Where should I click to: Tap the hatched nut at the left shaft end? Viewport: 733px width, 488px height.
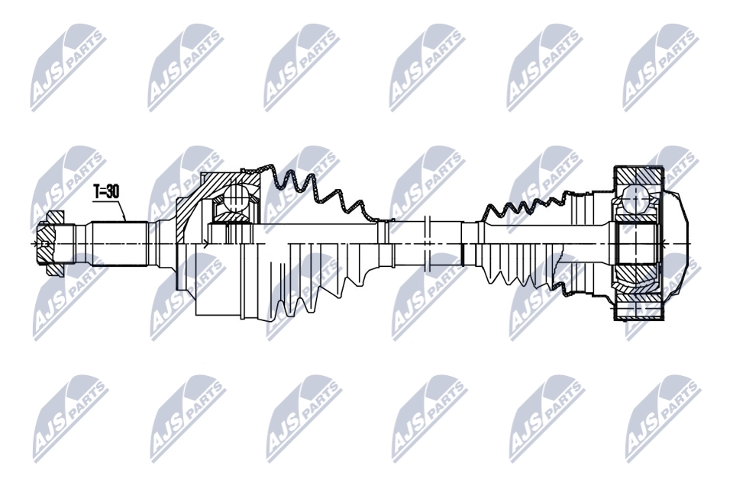pyautogui.click(x=50, y=243)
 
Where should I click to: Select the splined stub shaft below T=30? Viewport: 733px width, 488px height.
pyautogui.click(x=120, y=244)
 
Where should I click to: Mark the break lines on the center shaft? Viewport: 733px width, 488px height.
pyautogui.click(x=427, y=244)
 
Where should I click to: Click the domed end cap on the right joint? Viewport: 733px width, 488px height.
pyautogui.click(x=677, y=242)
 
